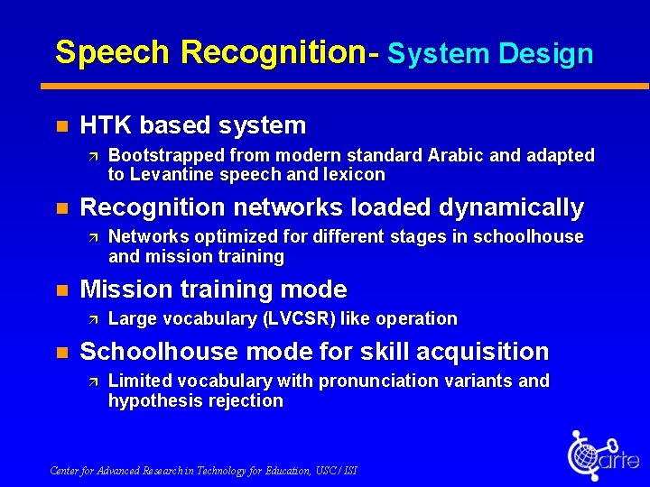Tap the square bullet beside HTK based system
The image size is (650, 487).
60,125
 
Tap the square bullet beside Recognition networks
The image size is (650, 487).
60,207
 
